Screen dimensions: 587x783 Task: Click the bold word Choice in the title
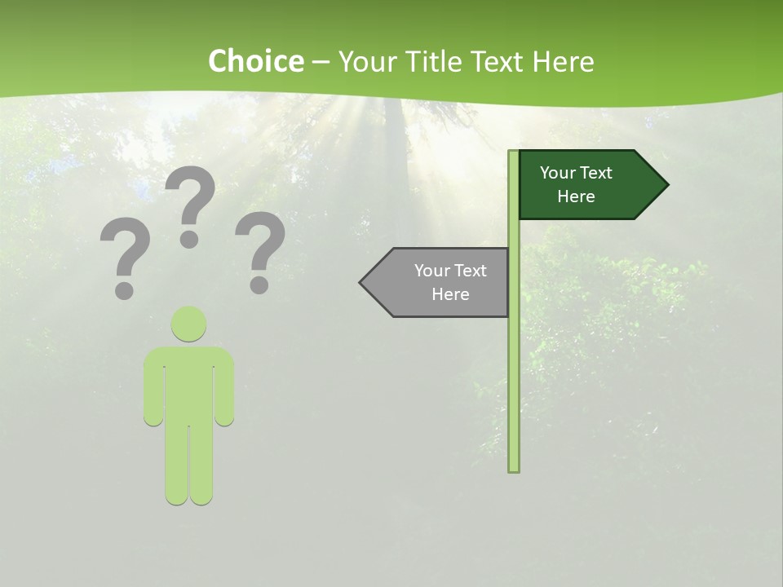tap(255, 61)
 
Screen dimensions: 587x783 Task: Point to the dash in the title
tap(321, 62)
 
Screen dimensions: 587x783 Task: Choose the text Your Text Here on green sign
tap(576, 184)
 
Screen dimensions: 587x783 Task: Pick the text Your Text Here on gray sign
tap(450, 282)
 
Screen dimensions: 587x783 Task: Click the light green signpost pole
tap(514, 367)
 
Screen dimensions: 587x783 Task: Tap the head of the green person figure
tap(188, 324)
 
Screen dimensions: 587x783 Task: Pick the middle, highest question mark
tap(190, 204)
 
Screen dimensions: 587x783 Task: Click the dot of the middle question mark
tap(189, 239)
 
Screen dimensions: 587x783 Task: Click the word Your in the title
tap(366, 61)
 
